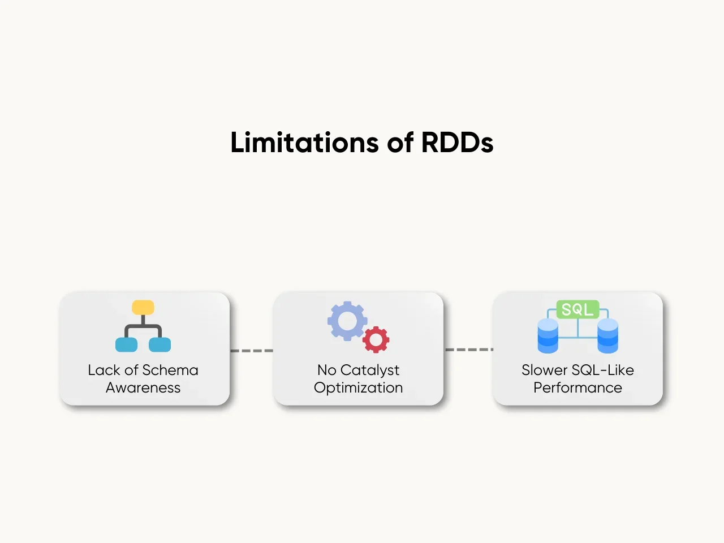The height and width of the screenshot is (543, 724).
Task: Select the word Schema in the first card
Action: tap(170, 370)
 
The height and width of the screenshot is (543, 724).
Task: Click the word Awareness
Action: tap(143, 387)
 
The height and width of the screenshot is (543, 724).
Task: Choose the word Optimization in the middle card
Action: tap(359, 387)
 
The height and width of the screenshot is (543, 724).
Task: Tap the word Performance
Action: tap(578, 387)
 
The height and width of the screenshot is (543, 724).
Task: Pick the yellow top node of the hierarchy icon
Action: tap(143, 308)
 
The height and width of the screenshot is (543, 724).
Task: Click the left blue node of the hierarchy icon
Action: tap(126, 344)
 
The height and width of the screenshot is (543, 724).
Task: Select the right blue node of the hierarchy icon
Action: tap(160, 344)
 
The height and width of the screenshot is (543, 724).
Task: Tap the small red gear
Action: tap(376, 339)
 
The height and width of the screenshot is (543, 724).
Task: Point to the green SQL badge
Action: tap(578, 309)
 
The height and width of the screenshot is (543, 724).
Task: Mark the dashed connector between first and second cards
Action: tap(252, 351)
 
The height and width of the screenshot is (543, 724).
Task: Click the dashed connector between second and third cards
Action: tap(468, 350)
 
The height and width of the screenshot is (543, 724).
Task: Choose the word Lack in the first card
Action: tap(104, 370)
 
